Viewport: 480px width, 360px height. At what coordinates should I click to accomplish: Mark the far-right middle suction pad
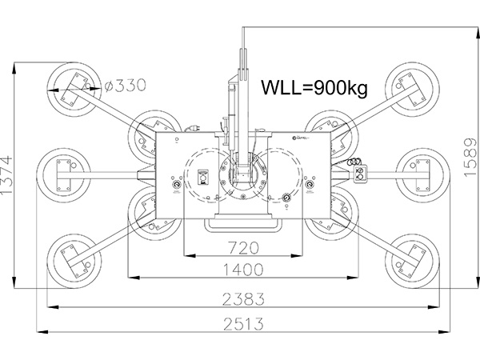pos(419,170)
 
